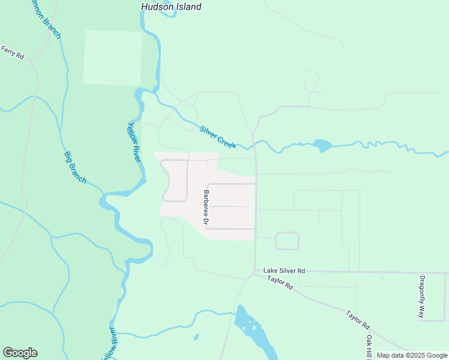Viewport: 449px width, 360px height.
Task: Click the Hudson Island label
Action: [171, 7]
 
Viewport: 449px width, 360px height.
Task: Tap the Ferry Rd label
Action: [12, 53]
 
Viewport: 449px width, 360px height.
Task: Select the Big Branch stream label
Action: [75, 167]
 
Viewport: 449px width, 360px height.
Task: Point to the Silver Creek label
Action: [218, 137]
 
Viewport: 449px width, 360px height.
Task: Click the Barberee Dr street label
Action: [206, 208]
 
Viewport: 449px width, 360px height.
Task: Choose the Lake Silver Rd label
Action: [285, 271]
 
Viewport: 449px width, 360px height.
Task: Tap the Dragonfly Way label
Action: [423, 296]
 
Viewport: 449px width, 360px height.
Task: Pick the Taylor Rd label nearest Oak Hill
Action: [357, 319]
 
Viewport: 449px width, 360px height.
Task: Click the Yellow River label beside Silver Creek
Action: [134, 142]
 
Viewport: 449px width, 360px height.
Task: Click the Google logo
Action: [20, 353]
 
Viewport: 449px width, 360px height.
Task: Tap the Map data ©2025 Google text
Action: [412, 355]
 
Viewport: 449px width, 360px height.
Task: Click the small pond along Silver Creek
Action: [322, 145]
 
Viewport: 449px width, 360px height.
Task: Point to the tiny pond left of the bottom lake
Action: [196, 337]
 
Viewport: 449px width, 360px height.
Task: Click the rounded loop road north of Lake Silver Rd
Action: [287, 241]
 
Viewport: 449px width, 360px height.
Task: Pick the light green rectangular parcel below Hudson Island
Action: [113, 58]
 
